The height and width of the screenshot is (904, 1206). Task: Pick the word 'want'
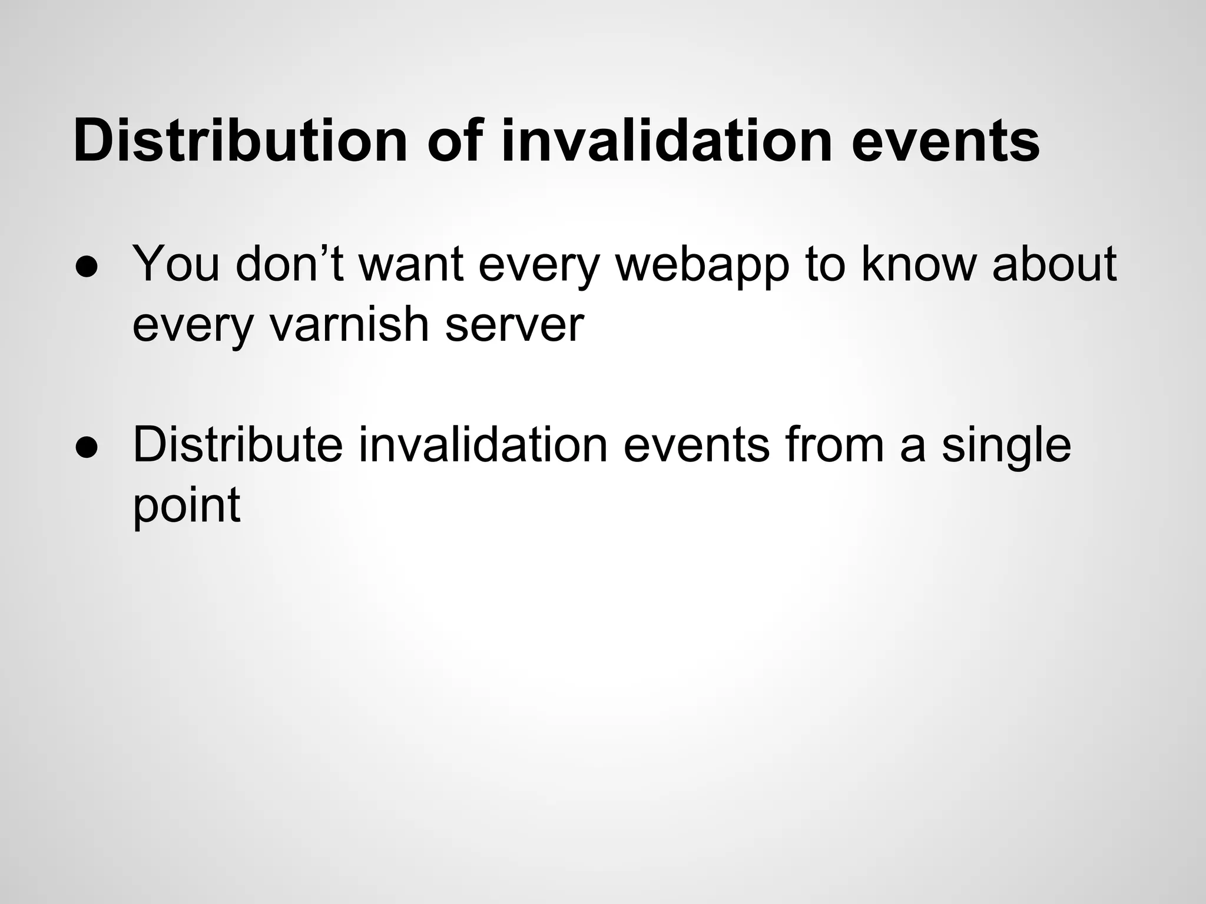coord(410,264)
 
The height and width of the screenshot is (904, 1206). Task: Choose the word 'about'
coord(1054,264)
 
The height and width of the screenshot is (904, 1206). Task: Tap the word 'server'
coord(514,325)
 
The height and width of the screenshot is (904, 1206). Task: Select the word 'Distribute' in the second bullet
coord(238,445)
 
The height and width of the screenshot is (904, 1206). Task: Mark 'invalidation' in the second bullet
coord(483,445)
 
